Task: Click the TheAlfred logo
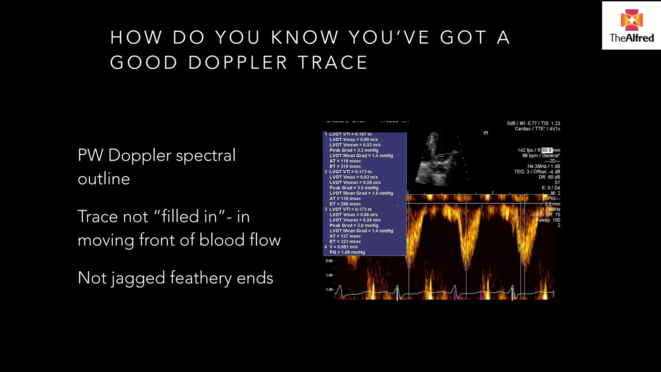point(631,26)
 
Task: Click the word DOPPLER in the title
point(238,63)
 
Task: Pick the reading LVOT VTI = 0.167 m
point(350,134)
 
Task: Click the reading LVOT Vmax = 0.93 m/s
point(353,177)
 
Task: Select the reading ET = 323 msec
point(345,242)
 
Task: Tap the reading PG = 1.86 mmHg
point(347,252)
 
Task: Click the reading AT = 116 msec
point(345,161)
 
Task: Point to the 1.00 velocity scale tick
point(329,275)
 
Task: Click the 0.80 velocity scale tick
point(329,261)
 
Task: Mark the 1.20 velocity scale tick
point(329,290)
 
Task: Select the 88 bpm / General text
point(541,156)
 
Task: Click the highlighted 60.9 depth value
point(547,150)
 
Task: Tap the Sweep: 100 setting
point(548,220)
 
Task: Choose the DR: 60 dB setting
point(549,177)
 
